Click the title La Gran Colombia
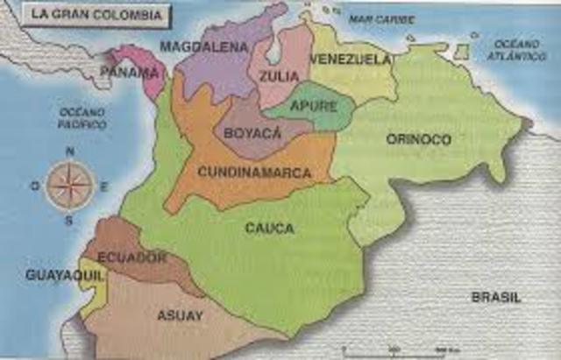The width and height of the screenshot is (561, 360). click(x=85, y=15)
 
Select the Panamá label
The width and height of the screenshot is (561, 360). click(x=130, y=71)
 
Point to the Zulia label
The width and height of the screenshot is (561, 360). click(x=278, y=76)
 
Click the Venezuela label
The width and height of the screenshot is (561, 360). click(x=350, y=60)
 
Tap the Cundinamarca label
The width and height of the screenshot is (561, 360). click(x=254, y=173)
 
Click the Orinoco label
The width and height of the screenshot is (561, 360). click(x=418, y=139)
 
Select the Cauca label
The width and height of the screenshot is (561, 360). click(x=269, y=228)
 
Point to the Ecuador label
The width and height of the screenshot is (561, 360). click(x=132, y=258)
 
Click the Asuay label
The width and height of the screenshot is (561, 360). click(x=180, y=315)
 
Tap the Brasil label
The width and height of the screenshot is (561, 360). click(x=496, y=297)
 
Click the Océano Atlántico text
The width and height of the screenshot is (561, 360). click(x=520, y=50)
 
